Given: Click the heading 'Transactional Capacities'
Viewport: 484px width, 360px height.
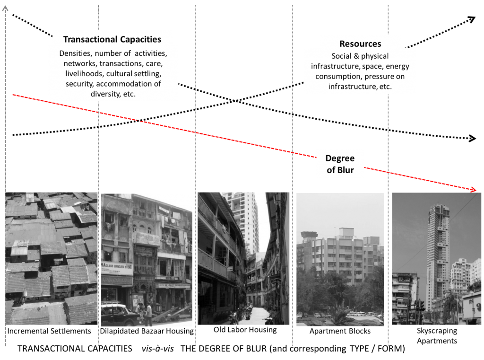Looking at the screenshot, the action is click(x=112, y=40).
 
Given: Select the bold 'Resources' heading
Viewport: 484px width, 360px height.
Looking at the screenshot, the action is click(x=360, y=44).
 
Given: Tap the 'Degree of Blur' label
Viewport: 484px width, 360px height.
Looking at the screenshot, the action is click(x=340, y=164).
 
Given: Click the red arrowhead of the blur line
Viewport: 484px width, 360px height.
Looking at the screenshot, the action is click(x=473, y=189).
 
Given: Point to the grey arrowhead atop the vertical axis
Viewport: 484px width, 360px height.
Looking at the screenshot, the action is click(x=5, y=9).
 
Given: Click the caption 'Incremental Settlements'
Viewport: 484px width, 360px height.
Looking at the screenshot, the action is click(x=49, y=331).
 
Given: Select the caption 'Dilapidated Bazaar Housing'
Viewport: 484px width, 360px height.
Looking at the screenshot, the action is click(x=147, y=331).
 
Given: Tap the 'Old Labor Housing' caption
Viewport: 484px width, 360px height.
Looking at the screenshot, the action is click(x=245, y=330).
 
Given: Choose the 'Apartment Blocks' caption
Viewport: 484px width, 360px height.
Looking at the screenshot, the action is click(x=340, y=331).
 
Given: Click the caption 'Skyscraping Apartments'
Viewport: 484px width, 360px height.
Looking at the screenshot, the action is click(x=437, y=335).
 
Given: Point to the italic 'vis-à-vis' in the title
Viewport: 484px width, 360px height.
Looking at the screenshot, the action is click(x=158, y=349).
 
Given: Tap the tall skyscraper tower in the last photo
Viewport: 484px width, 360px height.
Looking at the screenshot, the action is click(x=438, y=254).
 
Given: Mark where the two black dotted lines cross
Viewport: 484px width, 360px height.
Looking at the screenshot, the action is click(x=235, y=101).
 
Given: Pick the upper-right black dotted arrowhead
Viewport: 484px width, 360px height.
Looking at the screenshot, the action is click(x=471, y=19).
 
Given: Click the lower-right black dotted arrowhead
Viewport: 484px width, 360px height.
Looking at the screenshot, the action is click(x=472, y=138).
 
